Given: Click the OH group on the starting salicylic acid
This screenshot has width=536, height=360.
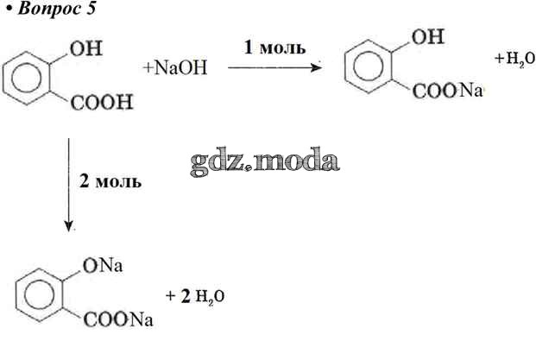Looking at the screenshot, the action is tap(86, 48).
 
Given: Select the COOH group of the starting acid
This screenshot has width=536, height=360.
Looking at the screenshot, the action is tap(102, 102).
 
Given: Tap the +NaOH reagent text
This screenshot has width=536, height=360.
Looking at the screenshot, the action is tap(175, 67).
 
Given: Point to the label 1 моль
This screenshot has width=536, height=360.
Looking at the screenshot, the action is tap(274, 47).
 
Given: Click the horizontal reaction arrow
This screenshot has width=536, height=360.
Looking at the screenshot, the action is tap(274, 67).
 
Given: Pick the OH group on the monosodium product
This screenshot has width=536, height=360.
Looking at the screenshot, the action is tap(427, 36).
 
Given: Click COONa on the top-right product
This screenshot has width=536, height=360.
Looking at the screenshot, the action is tap(447, 91).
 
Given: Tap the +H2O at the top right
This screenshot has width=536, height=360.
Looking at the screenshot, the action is tap(514, 59).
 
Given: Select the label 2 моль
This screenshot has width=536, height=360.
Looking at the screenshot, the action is tap(110, 181).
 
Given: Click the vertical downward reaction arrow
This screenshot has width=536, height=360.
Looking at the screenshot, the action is tap(69, 185).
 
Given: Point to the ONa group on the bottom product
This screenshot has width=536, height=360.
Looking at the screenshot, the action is tap(103, 266).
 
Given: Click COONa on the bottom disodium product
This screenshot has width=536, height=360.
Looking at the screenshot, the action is tap(118, 320).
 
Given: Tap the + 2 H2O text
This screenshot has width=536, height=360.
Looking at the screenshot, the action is tap(195, 296).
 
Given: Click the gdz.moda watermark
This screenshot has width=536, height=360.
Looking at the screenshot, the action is tap(265, 161).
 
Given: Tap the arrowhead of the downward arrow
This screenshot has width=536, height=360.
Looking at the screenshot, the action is tap(69, 226).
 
